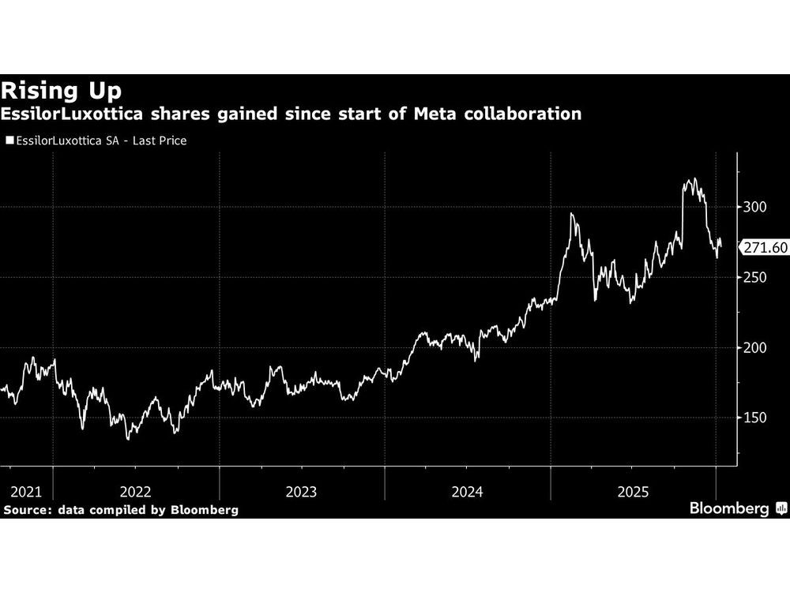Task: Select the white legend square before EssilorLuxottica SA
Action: coord(9,141)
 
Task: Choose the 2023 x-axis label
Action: coord(301,492)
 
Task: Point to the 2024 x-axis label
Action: coord(467,492)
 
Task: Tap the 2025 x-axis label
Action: coord(633,492)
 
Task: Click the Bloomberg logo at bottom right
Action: coord(736,508)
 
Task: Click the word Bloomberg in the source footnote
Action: coord(205,510)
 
